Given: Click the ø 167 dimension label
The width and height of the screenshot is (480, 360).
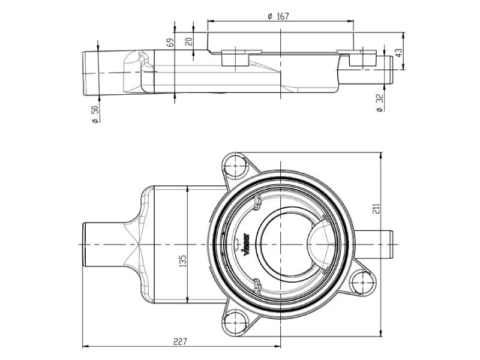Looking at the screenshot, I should tap(279, 16).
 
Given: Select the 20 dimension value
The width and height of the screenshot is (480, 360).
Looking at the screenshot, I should tap(189, 41).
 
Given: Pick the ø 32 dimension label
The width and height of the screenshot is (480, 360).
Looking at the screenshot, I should tap(379, 103).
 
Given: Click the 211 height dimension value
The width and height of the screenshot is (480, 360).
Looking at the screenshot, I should tap(376, 208).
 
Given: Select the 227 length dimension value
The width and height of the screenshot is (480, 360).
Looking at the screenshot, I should tap(179, 341).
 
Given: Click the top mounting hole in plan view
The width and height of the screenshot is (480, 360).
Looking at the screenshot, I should tap(235, 164).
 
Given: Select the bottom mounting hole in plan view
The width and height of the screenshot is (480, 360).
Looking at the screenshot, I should tap(235, 325).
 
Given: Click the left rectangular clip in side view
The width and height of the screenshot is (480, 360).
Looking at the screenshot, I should tap(232, 59).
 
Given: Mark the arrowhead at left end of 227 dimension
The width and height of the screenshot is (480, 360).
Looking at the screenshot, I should tap(85, 346).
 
